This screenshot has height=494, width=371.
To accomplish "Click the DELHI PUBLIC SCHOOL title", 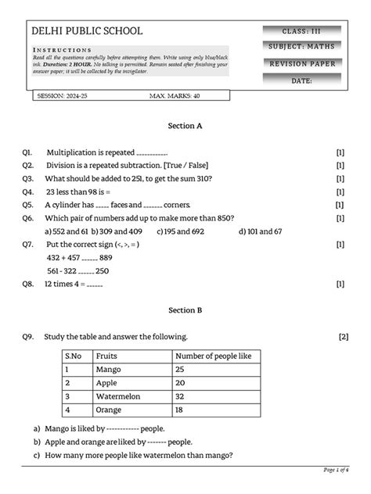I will pyautogui.click(x=87, y=30).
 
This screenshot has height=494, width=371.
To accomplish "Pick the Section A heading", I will pyautogui.click(x=185, y=125).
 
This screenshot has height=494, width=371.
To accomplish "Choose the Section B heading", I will pyautogui.click(x=185, y=310).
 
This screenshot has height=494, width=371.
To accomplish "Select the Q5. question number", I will pyautogui.click(x=28, y=204).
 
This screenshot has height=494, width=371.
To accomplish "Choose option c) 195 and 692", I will pyautogui.click(x=181, y=231).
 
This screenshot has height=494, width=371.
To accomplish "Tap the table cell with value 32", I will pyautogui.click(x=181, y=396).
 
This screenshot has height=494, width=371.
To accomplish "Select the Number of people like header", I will pyautogui.click(x=213, y=356).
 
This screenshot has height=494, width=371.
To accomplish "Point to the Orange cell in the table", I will pyautogui.click(x=109, y=410).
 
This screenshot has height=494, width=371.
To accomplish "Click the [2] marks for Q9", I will pyautogui.click(x=343, y=337).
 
